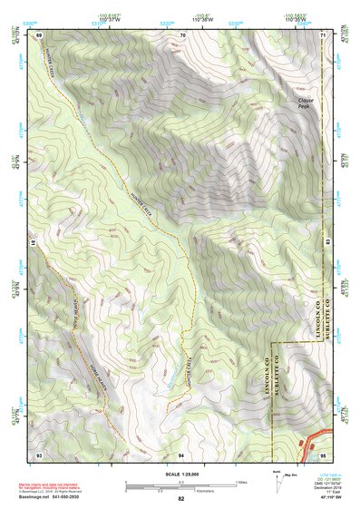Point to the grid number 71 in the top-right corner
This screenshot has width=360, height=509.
coord(323,34)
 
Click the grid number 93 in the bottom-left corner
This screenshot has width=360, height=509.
coord(39,453)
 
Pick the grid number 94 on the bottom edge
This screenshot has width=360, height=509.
coord(181,453)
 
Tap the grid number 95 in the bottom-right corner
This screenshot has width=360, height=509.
coord(323,453)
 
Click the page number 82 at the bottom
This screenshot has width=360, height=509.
coord(181,499)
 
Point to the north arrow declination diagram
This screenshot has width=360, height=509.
coord(279,482)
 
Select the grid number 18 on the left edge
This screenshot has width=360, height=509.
coord(34,243)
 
